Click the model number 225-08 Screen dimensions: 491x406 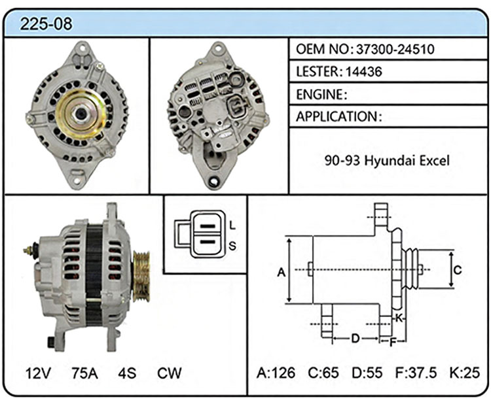pos(46,24)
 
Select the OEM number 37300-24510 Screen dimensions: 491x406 pos(395,49)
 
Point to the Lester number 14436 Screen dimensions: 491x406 pos(364,72)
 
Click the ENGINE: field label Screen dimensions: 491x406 pos(321,94)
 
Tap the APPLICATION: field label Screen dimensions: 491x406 pos(339,116)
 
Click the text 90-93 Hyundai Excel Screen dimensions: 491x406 pos(387,160)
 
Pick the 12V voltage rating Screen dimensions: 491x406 pos(38,373)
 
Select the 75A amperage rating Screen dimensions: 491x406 pos(84,373)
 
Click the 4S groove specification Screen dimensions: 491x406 pos(127,373)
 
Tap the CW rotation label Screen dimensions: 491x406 pos(169,373)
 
